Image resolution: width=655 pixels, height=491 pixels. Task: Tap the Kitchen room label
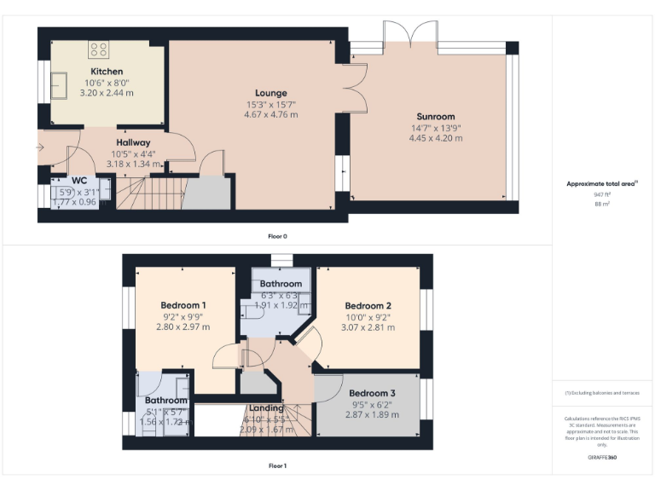click(107, 71)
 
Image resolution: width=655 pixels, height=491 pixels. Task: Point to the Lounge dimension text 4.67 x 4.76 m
click(271, 114)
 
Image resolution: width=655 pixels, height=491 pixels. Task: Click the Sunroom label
click(435, 116)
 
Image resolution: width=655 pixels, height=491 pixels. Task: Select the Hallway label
click(133, 142)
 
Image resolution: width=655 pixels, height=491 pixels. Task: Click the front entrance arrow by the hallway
click(39, 147)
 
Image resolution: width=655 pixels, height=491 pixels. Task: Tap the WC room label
click(79, 181)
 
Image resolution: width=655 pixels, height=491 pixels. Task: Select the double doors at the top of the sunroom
click(411, 34)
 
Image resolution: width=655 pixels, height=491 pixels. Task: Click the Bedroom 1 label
click(183, 304)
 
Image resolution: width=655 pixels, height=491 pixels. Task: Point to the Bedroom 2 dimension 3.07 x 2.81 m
click(368, 327)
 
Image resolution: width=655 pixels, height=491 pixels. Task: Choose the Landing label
click(266, 408)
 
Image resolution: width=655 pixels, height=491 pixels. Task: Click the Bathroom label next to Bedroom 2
click(281, 283)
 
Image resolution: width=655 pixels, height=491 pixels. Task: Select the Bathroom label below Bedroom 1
click(165, 400)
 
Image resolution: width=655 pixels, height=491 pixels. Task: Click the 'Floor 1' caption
click(277, 466)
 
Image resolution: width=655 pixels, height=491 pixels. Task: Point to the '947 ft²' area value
click(603, 194)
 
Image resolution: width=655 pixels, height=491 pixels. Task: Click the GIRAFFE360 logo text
click(603, 459)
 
